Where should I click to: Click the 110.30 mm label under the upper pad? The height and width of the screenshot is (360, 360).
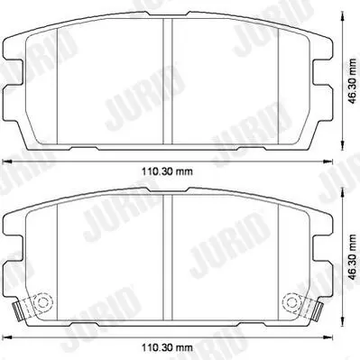[x=167, y=171]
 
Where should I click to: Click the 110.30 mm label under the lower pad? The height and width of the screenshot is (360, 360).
[x=167, y=348]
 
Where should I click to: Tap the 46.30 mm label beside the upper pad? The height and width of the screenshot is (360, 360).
[x=352, y=80]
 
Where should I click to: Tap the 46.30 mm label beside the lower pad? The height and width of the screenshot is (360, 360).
[x=352, y=256]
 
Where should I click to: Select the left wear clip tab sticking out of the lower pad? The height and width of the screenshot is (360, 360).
[x=18, y=312]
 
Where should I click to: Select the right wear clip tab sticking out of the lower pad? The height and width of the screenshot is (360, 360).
[x=318, y=312]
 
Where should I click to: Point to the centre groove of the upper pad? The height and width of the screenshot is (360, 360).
[x=168, y=81]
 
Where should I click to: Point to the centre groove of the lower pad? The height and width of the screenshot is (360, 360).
[x=168, y=257]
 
